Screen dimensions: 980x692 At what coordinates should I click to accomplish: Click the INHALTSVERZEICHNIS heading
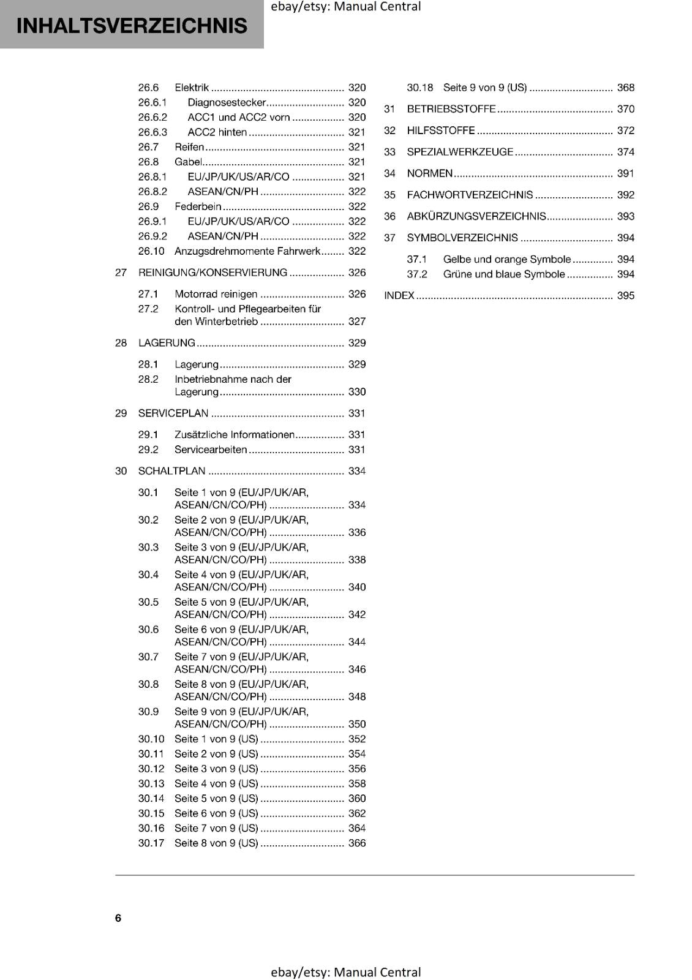pyautogui.click(x=132, y=26)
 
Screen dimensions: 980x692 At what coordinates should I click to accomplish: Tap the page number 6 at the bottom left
pyautogui.click(x=118, y=918)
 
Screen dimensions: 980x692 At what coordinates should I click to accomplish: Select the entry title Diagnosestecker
pyautogui.click(x=227, y=102)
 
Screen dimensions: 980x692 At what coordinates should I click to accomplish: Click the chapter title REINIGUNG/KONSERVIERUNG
pyautogui.click(x=212, y=273)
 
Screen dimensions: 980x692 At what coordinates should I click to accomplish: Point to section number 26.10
pyautogui.click(x=151, y=251)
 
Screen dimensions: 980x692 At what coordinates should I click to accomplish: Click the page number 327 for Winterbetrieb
pyautogui.click(x=356, y=322)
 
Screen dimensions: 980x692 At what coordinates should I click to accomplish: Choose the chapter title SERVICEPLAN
pyautogui.click(x=173, y=413)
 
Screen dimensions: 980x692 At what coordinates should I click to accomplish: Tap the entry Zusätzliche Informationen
pyautogui.click(x=235, y=435)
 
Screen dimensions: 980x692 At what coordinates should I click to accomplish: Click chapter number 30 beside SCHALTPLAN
pyautogui.click(x=121, y=471)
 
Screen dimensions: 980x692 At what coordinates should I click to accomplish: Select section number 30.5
pyautogui.click(x=148, y=602)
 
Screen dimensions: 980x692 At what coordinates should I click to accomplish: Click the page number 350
pyautogui.click(x=356, y=724)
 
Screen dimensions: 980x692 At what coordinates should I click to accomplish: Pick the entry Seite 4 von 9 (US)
pyautogui.click(x=216, y=783)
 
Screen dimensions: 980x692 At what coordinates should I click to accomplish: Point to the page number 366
pyautogui.click(x=356, y=843)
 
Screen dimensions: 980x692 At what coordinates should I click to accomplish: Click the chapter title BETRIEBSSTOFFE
pyautogui.click(x=451, y=109)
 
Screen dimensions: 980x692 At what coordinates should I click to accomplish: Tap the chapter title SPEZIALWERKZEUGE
pyautogui.click(x=460, y=152)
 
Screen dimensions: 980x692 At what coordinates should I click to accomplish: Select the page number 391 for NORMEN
pyautogui.click(x=625, y=173)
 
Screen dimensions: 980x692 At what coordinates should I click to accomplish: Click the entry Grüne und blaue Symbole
pyautogui.click(x=504, y=274)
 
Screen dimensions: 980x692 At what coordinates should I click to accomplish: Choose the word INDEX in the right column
pyautogui.click(x=399, y=296)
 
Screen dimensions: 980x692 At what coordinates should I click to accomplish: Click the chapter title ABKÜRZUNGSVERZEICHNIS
pyautogui.click(x=476, y=216)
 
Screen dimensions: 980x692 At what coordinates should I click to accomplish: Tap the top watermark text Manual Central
pyautogui.click(x=377, y=7)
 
